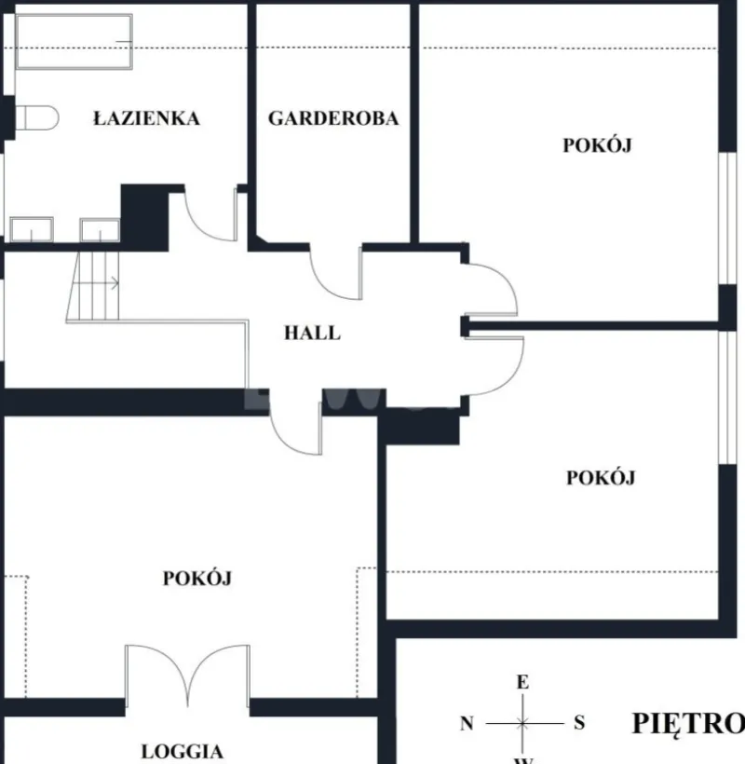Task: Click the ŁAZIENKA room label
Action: [x=146, y=118]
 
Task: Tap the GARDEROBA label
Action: [x=333, y=118]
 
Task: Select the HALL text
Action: [x=312, y=333]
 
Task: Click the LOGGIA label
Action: [x=183, y=751]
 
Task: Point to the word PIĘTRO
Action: [x=688, y=724]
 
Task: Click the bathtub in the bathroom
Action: [x=74, y=42]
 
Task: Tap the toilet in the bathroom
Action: [x=37, y=118]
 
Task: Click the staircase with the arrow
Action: [x=92, y=286]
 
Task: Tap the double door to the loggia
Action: [x=187, y=675]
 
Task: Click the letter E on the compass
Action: [x=522, y=682]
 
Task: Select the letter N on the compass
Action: [x=467, y=724]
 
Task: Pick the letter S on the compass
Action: [x=579, y=723]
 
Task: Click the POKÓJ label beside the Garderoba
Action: [x=598, y=145]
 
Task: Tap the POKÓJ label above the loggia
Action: [x=197, y=578]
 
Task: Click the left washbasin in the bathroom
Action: [x=32, y=229]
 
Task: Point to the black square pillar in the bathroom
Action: [x=144, y=218]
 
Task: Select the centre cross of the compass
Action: [x=523, y=724]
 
